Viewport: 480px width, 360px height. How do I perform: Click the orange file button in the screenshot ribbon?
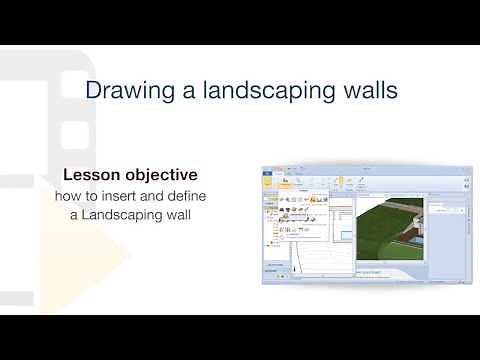[268, 174]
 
